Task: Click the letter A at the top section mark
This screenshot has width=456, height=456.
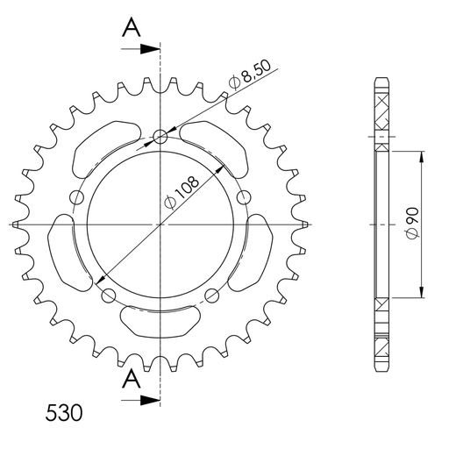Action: [x=131, y=28]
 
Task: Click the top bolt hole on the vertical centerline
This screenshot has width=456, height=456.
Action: [x=160, y=136]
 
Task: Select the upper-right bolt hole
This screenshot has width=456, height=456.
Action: [x=245, y=196]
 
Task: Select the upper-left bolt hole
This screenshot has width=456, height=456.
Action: [x=76, y=196]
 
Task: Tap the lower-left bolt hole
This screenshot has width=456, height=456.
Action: [x=108, y=296]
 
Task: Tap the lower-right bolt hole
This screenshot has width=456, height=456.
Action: [x=213, y=296]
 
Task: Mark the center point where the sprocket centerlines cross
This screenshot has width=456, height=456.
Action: [x=160, y=224]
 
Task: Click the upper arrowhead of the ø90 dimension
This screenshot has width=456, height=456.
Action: [x=424, y=156]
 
